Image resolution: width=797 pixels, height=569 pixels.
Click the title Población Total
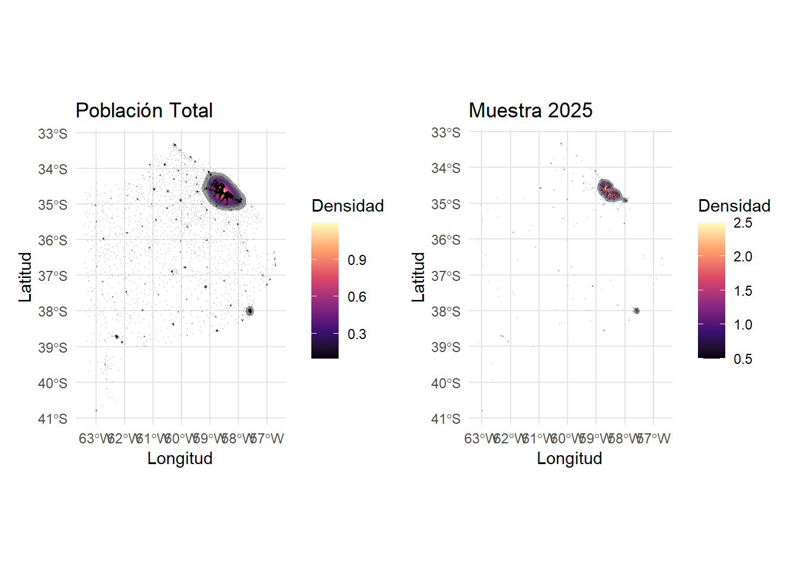[x=144, y=110]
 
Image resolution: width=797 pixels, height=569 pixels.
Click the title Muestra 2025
[x=530, y=110]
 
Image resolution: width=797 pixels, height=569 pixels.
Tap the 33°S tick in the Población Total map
[x=53, y=134]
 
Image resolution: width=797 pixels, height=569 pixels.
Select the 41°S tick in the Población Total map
[x=53, y=419]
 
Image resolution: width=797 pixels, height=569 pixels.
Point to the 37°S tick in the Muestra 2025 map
[x=446, y=276]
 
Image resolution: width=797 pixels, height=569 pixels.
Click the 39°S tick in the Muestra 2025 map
[x=446, y=347]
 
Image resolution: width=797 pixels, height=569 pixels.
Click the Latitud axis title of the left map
[x=25, y=277]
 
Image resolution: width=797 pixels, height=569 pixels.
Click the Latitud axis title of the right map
[x=419, y=277]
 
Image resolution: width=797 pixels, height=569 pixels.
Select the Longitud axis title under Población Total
[x=180, y=458]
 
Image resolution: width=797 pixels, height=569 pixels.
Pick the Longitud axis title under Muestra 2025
[x=569, y=458]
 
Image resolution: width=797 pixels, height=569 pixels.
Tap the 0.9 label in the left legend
[x=357, y=260]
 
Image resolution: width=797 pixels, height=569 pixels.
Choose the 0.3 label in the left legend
[x=357, y=334]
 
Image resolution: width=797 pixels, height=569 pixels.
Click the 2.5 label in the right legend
[x=742, y=223]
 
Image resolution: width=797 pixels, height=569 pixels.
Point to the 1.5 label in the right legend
[x=742, y=291]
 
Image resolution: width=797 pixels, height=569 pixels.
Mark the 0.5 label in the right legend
[x=742, y=359]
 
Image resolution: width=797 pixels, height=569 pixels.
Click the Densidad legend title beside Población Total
[x=348, y=206]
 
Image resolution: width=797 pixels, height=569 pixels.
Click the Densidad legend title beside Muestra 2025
[x=734, y=206]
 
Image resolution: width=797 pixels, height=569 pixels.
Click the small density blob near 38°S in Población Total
[x=250, y=311]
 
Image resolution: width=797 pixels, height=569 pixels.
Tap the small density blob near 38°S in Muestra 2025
[x=636, y=311]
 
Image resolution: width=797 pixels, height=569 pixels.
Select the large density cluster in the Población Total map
[x=224, y=191]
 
